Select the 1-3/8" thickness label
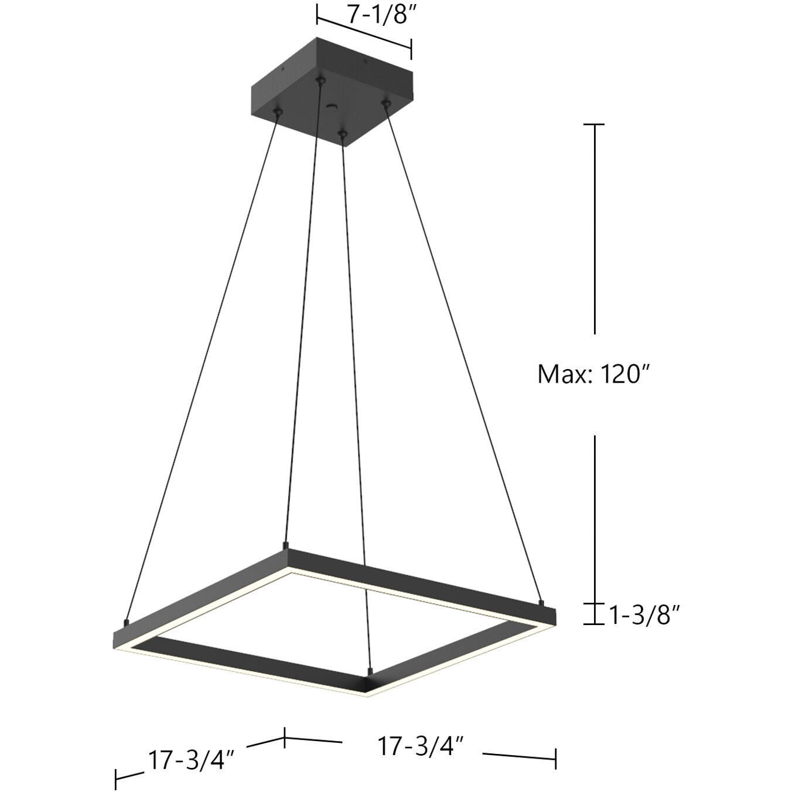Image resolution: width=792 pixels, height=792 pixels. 644,615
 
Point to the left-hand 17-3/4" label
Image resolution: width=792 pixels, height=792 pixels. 191,760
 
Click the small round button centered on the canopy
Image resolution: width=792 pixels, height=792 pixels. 333,107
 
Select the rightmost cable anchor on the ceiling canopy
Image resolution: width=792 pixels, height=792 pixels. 385,104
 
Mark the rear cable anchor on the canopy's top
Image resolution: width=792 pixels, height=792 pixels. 320,79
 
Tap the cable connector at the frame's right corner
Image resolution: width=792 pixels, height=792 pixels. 541,602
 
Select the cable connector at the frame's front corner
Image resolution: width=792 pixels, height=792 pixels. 370,670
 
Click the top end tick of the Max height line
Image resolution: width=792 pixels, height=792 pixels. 595,124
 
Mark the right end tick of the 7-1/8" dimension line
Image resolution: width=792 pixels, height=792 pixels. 411,49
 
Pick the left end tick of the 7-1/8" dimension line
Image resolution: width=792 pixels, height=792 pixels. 317,13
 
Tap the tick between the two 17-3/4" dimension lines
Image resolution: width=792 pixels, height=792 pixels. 285,737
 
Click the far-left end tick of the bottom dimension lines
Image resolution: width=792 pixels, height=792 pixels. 116,779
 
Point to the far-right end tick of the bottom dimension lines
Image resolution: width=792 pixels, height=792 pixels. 555,759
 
